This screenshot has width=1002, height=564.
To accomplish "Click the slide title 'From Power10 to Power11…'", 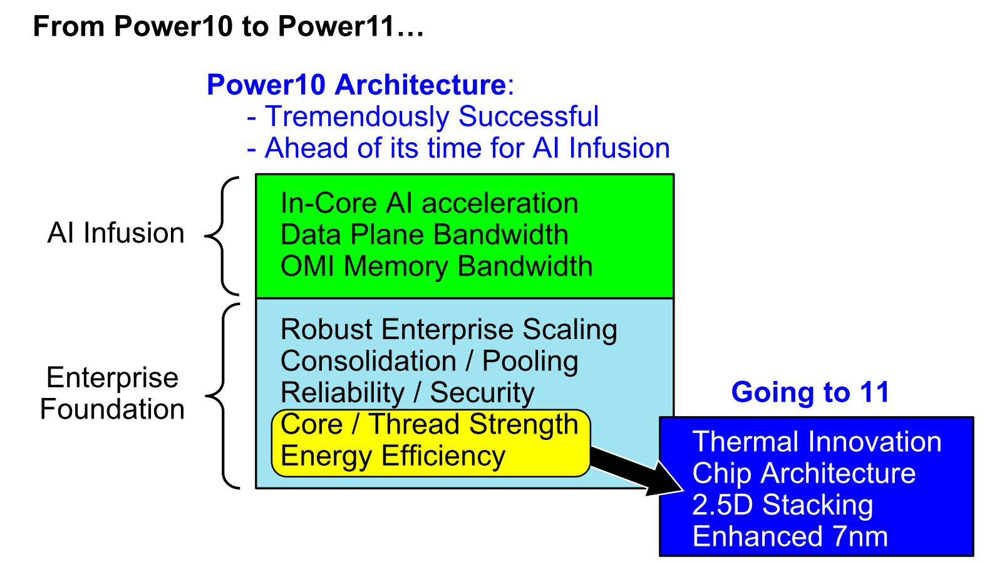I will click(228, 26).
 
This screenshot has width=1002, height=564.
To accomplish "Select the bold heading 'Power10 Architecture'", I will click(356, 85).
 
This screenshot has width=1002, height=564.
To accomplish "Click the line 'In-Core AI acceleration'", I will click(429, 203).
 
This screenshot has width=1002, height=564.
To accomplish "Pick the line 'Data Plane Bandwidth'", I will click(424, 234).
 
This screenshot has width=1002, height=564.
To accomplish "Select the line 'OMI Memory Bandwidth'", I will click(436, 266).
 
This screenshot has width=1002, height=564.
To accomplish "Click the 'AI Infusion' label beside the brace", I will click(116, 233).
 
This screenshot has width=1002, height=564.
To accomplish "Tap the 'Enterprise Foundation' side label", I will click(112, 393).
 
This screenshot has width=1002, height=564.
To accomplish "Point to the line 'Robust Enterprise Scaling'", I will click(448, 330).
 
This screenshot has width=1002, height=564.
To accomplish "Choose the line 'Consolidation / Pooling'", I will click(429, 361).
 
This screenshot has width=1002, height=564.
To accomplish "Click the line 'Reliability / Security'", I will click(407, 392).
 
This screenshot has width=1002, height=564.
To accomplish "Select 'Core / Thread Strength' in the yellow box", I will click(429, 424).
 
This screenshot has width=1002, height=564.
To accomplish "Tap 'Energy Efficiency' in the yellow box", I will click(393, 456).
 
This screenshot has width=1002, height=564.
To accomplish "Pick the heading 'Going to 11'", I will click(810, 392).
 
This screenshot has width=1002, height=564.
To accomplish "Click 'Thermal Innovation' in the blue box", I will click(817, 442).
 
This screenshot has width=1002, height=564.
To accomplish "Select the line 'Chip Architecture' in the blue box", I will click(803, 473).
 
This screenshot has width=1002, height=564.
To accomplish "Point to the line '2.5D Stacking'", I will click(782, 505).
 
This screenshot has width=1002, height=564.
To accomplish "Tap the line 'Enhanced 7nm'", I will click(790, 536).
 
